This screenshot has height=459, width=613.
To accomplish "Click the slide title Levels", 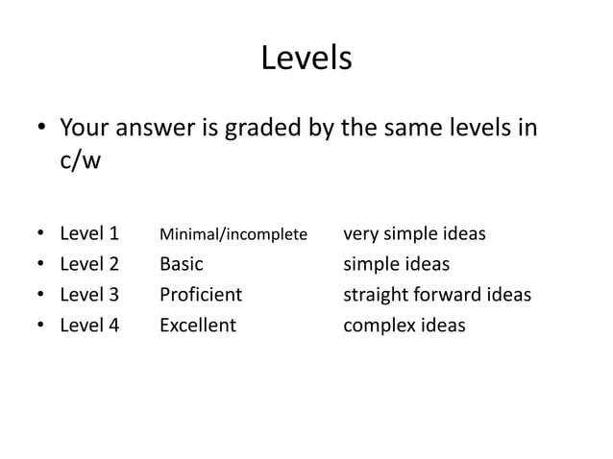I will (x=306, y=60).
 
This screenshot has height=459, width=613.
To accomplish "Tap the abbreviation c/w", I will (x=80, y=160).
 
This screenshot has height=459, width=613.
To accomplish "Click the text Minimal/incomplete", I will (x=233, y=234).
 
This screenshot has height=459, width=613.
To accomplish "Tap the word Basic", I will (x=182, y=264).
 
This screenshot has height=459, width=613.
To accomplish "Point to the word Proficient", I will (x=201, y=295).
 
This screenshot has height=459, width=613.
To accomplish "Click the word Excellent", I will (x=197, y=326).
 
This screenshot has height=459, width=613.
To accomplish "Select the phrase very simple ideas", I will (x=414, y=233).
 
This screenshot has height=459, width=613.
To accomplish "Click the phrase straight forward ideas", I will (x=437, y=295).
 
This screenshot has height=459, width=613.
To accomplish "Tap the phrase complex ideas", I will (x=405, y=326).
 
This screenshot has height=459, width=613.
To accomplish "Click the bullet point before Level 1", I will (x=40, y=234).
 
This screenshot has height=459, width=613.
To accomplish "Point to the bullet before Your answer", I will (x=40, y=129).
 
